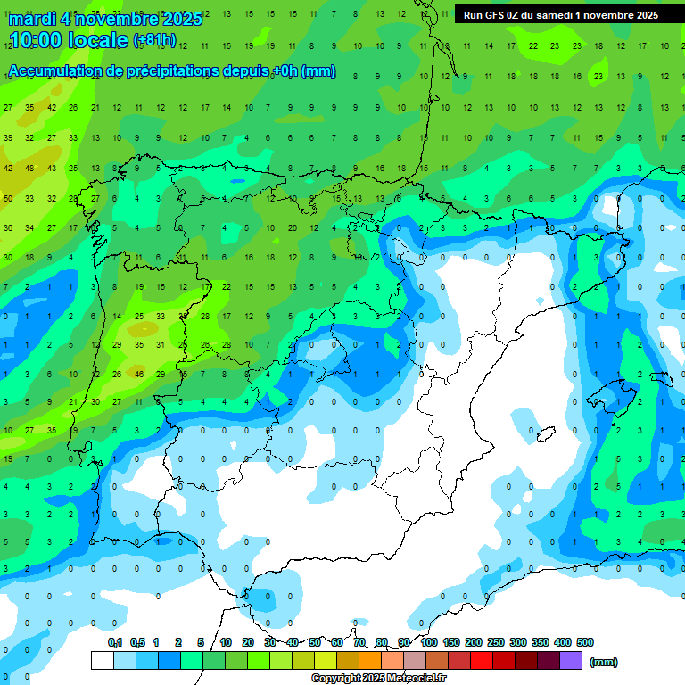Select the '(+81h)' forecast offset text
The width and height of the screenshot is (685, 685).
coord(154,40)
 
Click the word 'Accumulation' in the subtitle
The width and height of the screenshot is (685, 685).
coord(59,71)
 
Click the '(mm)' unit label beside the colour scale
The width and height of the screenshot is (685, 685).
coord(604,662)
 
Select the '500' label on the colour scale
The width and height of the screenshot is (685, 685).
coord(585,642)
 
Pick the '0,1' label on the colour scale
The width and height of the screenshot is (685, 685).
coord(115,642)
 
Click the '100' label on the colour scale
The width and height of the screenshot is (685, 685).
coord(428,642)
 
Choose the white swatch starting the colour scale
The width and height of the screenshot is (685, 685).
coord(102,660)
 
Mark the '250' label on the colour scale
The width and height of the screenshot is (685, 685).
coord(495,642)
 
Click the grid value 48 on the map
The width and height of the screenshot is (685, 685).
coord(29,168)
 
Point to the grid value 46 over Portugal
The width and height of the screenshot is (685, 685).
coord(138,374)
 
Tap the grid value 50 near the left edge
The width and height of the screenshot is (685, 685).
coord(8,198)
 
